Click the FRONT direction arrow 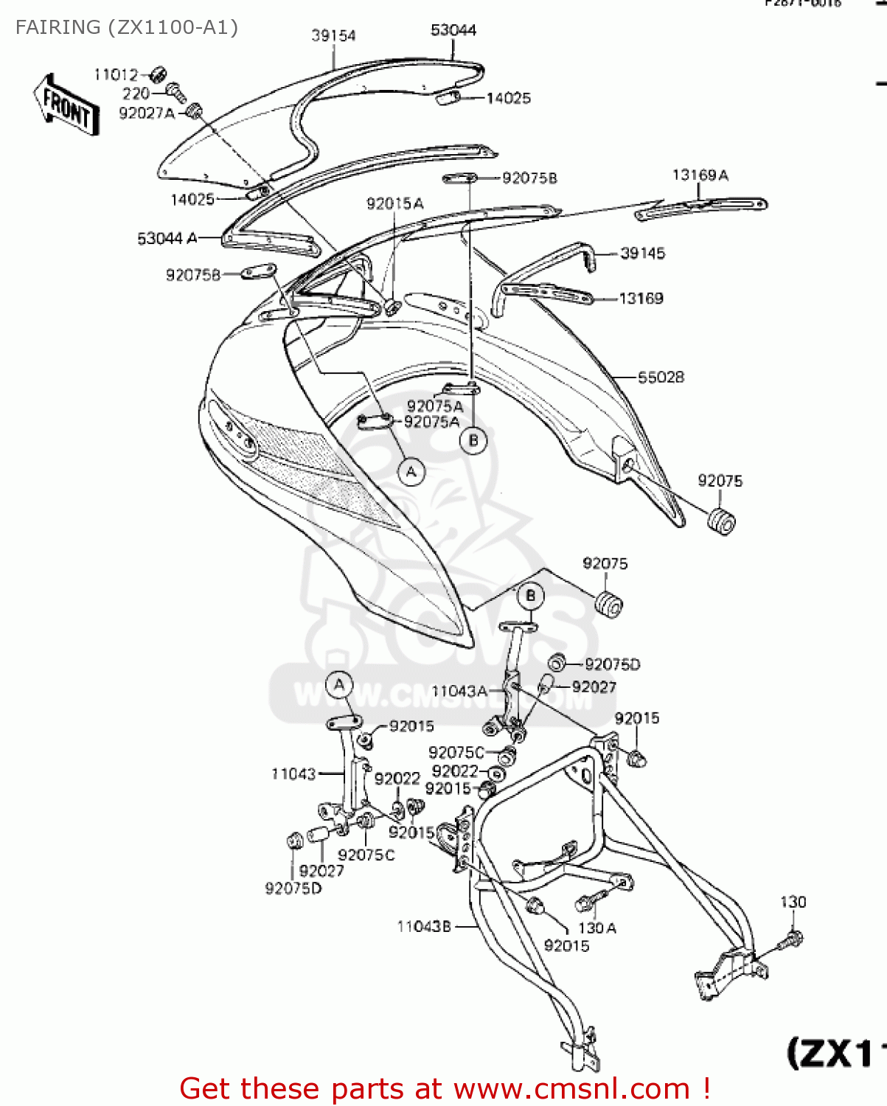66,105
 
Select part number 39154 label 333,35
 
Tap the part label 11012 116,74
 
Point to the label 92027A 147,113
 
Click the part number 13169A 700,175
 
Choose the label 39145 642,254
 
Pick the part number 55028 661,377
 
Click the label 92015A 394,204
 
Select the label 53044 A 167,238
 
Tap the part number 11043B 424,926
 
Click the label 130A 597,928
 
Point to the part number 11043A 459,691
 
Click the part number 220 136,94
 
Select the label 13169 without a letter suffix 641,298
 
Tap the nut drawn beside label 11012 157,74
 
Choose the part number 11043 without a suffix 293,773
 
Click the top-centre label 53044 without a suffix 453,30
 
